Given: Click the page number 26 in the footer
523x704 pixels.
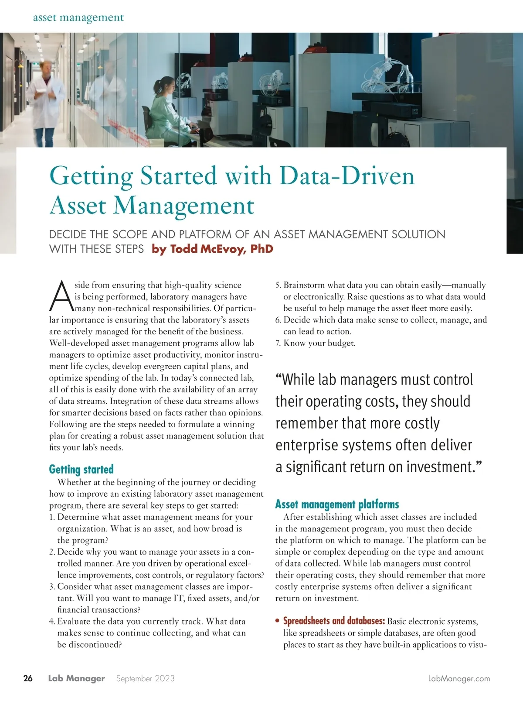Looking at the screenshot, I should (x=28, y=678).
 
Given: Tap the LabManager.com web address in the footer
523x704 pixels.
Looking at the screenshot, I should (x=459, y=679).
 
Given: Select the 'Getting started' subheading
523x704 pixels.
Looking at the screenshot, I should (x=81, y=469).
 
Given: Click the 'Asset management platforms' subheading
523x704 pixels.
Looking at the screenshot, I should (x=337, y=505).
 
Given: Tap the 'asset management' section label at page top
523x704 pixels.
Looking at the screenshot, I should (x=78, y=17).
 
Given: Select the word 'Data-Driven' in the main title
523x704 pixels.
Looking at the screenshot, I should (x=347, y=176).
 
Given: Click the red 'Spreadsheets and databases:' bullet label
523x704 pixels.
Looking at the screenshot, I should (x=334, y=621).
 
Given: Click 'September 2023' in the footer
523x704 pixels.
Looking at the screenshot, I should (x=145, y=679).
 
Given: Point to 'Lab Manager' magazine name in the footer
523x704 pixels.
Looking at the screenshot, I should (x=76, y=679).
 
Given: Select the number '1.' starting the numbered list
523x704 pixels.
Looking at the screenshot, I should (x=52, y=517).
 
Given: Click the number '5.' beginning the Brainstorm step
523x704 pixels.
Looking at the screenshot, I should (x=278, y=285).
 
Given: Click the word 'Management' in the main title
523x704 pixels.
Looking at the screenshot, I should (x=183, y=206).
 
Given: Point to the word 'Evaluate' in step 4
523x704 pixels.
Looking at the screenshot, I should (x=74, y=622).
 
